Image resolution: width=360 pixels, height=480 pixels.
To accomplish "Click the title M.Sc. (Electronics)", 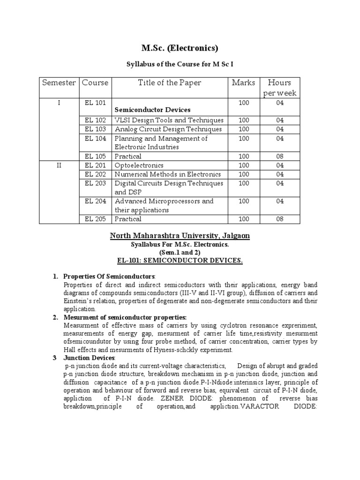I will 180,48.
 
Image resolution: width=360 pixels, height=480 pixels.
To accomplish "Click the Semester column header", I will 59,83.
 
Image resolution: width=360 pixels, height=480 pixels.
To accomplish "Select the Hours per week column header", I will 280,88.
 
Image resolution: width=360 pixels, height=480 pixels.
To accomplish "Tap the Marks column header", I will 244,83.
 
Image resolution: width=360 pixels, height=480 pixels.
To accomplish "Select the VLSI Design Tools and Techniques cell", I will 169,120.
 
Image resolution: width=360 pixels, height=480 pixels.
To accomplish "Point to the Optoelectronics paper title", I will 139,165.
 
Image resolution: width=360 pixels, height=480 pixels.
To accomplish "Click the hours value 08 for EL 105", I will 280,156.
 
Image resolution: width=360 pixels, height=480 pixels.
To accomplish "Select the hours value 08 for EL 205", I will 280,219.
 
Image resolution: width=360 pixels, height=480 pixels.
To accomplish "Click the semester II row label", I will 59,165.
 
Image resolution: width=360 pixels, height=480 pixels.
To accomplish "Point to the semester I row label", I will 59,102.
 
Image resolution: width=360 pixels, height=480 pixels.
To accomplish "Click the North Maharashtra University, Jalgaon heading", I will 180,236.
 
